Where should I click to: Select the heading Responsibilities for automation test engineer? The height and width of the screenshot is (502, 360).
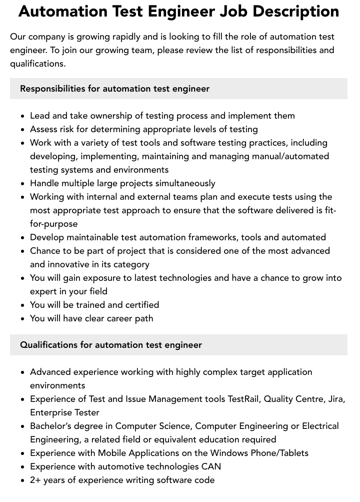click(x=114, y=89)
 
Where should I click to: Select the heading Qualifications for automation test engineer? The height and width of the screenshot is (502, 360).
click(x=111, y=345)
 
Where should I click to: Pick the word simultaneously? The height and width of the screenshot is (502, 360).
click(x=185, y=183)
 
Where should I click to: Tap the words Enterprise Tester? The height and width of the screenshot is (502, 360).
click(x=64, y=412)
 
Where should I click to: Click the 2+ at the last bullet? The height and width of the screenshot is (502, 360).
click(x=36, y=480)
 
